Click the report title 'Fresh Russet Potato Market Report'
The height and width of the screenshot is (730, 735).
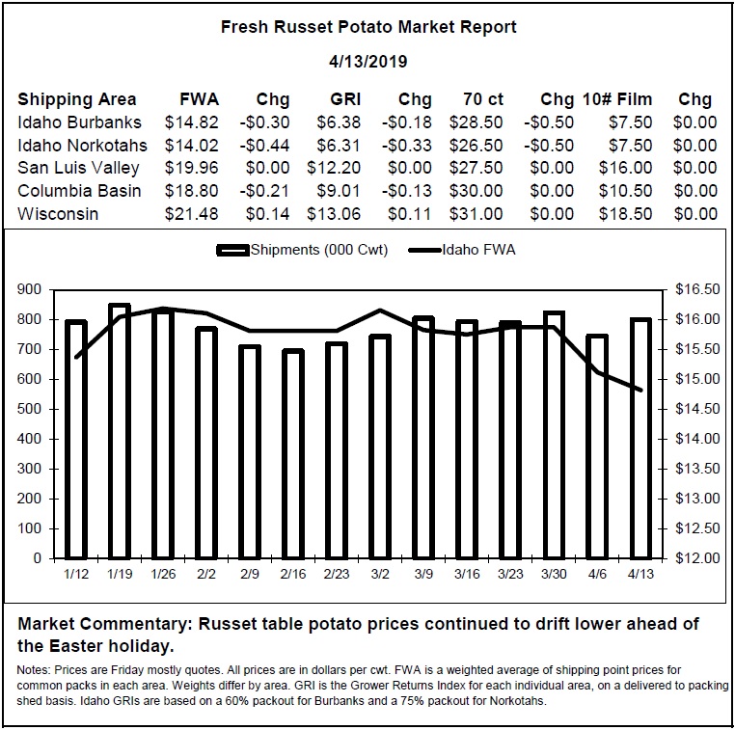[368, 27]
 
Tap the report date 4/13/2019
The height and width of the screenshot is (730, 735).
[367, 62]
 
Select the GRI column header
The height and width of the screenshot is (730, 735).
[345, 99]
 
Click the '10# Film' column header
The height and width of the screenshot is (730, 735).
[617, 99]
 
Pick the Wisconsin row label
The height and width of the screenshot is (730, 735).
[58, 214]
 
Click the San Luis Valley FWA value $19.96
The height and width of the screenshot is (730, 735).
[191, 168]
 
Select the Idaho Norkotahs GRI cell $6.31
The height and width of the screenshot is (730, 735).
[339, 146]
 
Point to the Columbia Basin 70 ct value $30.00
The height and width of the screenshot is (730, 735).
[476, 191]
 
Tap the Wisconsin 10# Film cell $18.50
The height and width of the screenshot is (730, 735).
[625, 214]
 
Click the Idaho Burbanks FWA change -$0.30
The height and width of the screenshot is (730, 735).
[264, 122]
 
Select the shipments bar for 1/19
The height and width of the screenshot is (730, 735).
[120, 431]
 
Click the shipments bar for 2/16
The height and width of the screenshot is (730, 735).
[293, 454]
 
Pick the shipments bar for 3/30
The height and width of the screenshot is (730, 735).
[554, 435]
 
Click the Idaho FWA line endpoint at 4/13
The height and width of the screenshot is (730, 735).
[640, 390]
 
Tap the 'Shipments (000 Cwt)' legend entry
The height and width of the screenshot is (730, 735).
[302, 250]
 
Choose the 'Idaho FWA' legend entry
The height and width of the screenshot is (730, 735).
[462, 250]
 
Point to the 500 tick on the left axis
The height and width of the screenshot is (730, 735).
[29, 409]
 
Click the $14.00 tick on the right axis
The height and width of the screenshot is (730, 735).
[697, 439]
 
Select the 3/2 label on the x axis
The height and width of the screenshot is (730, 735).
[380, 574]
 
